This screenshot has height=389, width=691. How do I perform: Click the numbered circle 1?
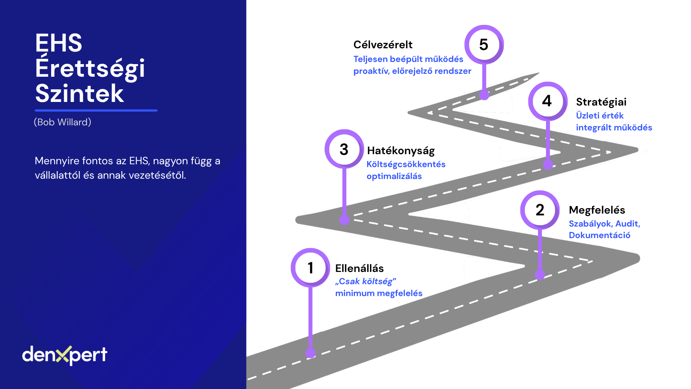310,268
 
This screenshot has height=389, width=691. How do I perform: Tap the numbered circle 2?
540,210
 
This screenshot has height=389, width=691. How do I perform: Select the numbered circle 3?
344,149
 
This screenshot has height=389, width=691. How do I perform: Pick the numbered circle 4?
547,101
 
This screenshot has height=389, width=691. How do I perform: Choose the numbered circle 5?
484,45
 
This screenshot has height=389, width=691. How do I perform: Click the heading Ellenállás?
359,268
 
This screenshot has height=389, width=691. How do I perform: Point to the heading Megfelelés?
597,210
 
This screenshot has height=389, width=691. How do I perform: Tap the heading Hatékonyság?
401,151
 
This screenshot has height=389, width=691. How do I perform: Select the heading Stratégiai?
601,102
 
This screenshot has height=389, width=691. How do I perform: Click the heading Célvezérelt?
383,45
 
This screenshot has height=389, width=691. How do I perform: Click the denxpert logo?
65,355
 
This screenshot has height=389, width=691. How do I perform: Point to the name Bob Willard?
63,122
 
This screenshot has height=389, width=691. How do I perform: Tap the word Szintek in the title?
80,94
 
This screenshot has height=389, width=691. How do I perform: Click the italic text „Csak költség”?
365,281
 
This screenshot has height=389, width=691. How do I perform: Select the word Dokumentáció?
599,235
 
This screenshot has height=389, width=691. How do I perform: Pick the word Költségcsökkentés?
406,164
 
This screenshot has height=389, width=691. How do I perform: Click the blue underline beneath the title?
96,110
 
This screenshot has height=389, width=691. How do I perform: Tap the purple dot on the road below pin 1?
310,353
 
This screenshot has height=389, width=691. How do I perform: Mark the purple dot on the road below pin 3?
344,220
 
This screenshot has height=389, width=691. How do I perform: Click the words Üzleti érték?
600,116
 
